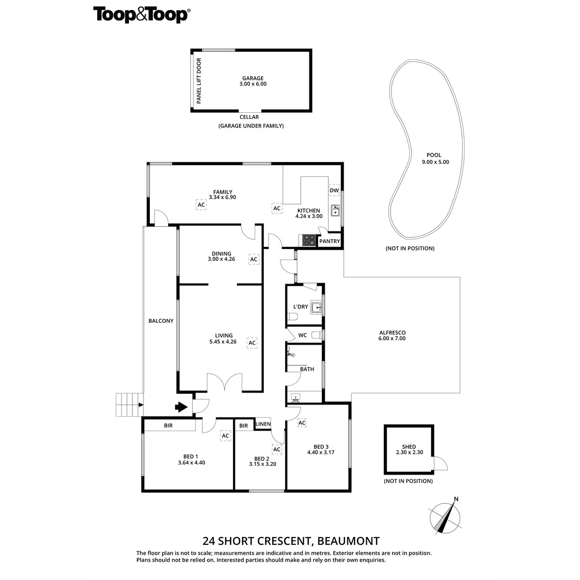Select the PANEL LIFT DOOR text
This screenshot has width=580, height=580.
[x=199, y=81]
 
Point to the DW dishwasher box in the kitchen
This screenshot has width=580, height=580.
[x=334, y=190]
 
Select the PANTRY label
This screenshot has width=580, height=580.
[x=330, y=241]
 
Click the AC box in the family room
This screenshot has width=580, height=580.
[x=202, y=205]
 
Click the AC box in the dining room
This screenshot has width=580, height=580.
[x=254, y=260]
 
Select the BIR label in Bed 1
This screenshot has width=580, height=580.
[x=168, y=426]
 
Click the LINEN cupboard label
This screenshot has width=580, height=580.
[x=263, y=424]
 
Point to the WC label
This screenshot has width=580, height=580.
[x=303, y=335]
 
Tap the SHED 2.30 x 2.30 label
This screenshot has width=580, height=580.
[x=409, y=449]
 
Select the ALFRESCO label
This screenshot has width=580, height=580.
[x=392, y=335]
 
